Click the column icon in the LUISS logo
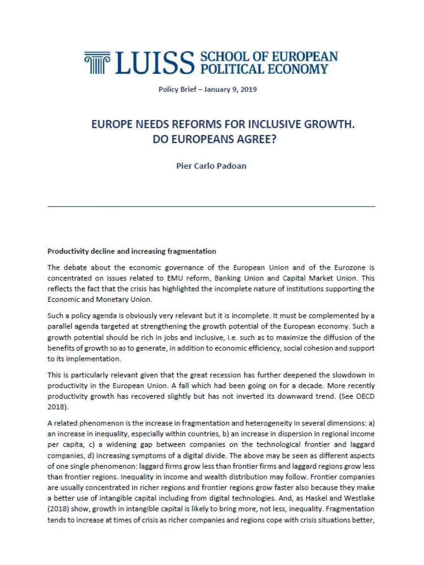point(97,63)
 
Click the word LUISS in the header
point(155,63)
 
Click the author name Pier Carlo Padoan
point(211,166)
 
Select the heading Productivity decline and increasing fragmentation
point(132,251)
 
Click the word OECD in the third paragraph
point(364,396)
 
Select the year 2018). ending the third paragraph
point(58,407)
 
